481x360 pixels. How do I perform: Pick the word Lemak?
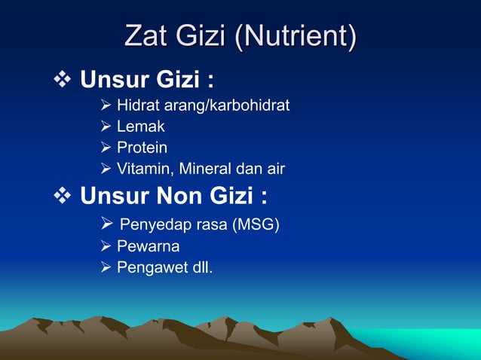140,127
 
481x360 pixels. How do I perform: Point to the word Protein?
142,148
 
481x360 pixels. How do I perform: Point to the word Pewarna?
148,246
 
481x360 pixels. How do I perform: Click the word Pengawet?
151,267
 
